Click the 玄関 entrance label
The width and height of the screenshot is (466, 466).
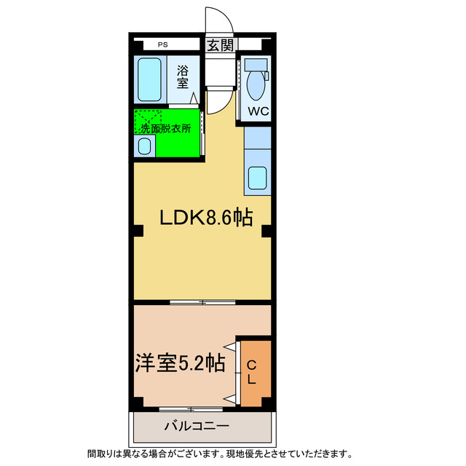click(221, 45)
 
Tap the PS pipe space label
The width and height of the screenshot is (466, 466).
click(162, 45)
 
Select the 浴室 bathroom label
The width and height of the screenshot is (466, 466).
click(183, 77)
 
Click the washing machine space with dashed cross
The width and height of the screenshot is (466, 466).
click(149, 118)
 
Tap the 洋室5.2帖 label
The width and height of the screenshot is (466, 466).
click(178, 362)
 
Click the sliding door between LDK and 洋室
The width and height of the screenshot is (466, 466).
click(202, 301)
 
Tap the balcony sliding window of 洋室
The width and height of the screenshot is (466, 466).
click(191, 408)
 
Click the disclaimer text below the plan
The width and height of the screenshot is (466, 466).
click(219, 453)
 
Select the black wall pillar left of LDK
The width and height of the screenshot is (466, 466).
click(137, 232)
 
